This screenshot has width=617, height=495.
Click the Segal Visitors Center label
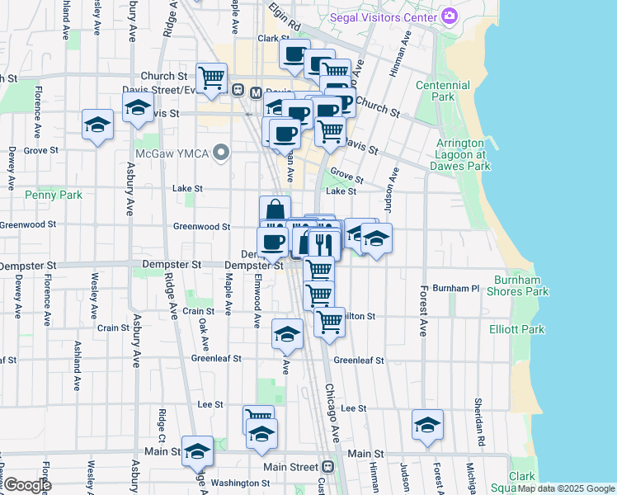[384, 16]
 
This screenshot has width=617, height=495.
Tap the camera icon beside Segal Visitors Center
[450, 16]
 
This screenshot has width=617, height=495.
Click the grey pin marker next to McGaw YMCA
[220, 153]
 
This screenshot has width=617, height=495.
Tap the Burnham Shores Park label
[516, 285]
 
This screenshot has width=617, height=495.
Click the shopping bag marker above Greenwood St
[275, 210]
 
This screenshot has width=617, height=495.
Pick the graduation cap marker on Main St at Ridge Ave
[197, 450]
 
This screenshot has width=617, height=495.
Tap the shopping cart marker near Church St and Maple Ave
[212, 78]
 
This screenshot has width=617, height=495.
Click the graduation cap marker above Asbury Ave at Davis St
[138, 106]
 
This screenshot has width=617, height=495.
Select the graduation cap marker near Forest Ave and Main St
[427, 424]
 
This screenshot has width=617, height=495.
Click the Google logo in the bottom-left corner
[27, 486]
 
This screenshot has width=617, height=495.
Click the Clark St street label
[274, 38]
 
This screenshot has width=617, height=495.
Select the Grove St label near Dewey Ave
[40, 151]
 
